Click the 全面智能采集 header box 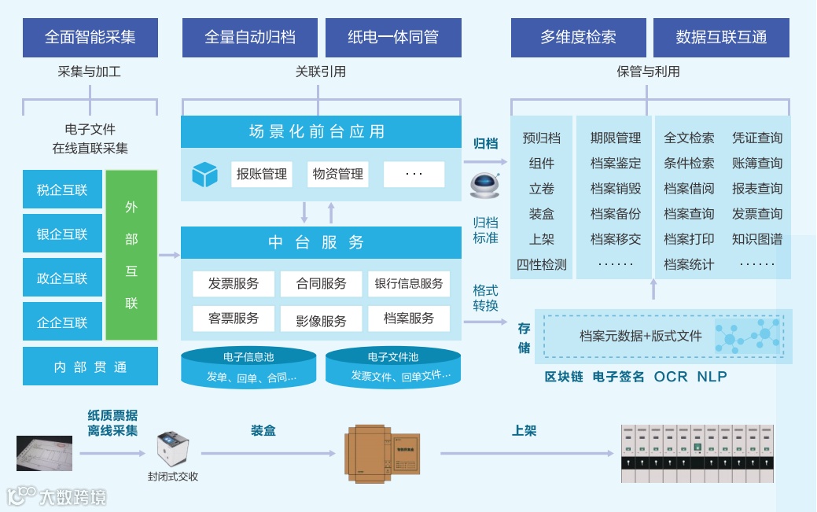pyautogui.click(x=90, y=37)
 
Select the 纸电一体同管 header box pyautogui.click(x=393, y=37)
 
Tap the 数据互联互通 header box pyautogui.click(x=721, y=37)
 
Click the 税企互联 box pyautogui.click(x=62, y=190)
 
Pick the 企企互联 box pyautogui.click(x=62, y=322)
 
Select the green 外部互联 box pyautogui.click(x=131, y=255)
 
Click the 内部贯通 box pyautogui.click(x=90, y=367)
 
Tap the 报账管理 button pyautogui.click(x=262, y=174)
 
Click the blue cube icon pyautogui.click(x=204, y=175)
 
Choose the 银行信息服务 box pyautogui.click(x=409, y=283)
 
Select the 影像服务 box pyautogui.click(x=321, y=320)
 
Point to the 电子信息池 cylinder pyautogui.click(x=248, y=367)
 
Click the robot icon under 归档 pyautogui.click(x=484, y=184)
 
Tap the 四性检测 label pyautogui.click(x=541, y=264)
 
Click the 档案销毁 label pyautogui.click(x=616, y=189)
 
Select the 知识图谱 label pyautogui.click(x=757, y=239)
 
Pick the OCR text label pyautogui.click(x=671, y=377)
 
